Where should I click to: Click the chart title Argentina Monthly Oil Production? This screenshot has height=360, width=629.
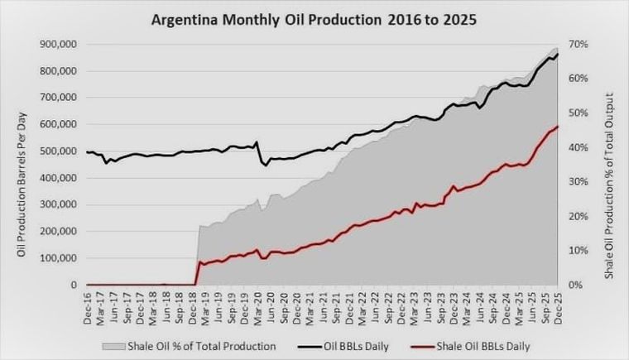tap(314, 18)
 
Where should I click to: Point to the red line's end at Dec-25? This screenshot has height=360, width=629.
tap(557, 127)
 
